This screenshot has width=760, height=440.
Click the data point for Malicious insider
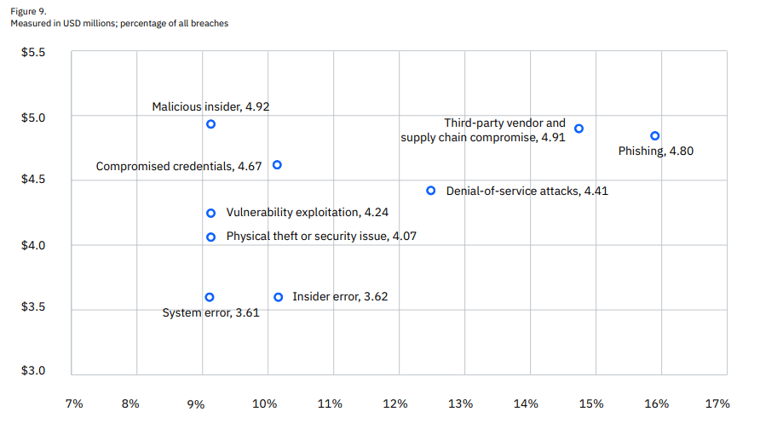pyautogui.click(x=210, y=124)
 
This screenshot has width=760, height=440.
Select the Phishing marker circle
pyautogui.click(x=654, y=135)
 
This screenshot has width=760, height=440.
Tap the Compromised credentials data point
pyautogui.click(x=277, y=165)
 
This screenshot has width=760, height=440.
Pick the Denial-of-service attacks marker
pyautogui.click(x=431, y=191)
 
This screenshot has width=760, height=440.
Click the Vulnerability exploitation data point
pyautogui.click(x=210, y=213)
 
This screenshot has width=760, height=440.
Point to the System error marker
pyautogui.click(x=210, y=297)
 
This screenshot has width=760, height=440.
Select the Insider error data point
pyautogui.click(x=278, y=297)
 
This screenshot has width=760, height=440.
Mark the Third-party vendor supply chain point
pyautogui.click(x=579, y=129)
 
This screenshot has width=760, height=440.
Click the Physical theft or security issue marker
pyautogui.click(x=210, y=237)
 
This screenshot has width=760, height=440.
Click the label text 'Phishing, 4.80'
pyautogui.click(x=654, y=151)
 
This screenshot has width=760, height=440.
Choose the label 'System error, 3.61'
pyautogui.click(x=210, y=312)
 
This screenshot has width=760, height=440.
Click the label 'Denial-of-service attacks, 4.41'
pyautogui.click(x=527, y=191)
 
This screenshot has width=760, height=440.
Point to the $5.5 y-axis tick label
pyautogui.click(x=33, y=53)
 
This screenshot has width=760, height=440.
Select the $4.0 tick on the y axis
pyautogui.click(x=33, y=245)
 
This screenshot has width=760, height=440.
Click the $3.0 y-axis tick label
pyautogui.click(x=33, y=371)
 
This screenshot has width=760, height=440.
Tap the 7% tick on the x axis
pyautogui.click(x=74, y=403)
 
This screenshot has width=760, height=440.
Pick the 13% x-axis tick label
pyautogui.click(x=461, y=403)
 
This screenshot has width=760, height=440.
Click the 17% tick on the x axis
pyautogui.click(x=717, y=403)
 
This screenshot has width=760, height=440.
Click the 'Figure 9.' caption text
pyautogui.click(x=28, y=11)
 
